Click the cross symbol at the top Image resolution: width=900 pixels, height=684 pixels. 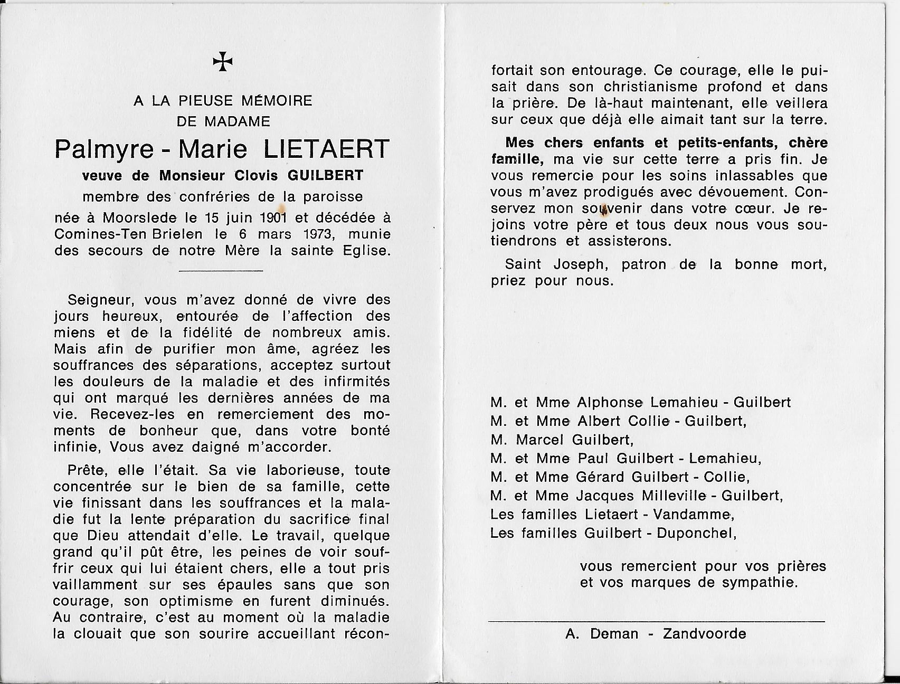tap(223, 62)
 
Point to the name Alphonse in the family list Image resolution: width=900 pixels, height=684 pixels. tap(610, 403)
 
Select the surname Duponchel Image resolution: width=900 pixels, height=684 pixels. tap(696, 533)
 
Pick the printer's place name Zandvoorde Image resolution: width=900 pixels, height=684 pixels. tap(705, 633)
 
